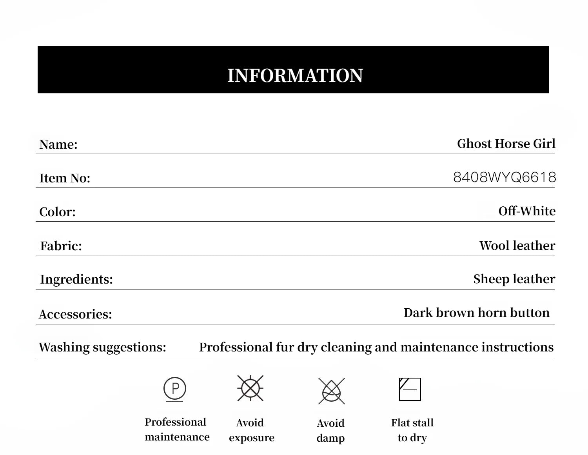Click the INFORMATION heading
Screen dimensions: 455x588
[295, 75]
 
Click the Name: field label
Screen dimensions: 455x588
[58, 144]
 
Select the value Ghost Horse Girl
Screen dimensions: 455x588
[506, 144]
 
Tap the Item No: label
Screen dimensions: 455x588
[65, 178]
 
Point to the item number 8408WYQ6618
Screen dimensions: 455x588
[505, 177]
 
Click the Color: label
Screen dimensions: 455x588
[57, 212]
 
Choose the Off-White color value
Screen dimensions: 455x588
[527, 211]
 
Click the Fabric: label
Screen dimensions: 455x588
[61, 246]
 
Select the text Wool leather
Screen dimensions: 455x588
[517, 246]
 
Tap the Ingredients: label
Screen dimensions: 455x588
[76, 279]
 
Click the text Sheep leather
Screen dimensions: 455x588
[514, 279]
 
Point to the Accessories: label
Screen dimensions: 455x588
[75, 314]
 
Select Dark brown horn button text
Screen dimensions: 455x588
[476, 313]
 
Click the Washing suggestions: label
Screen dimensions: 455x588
[102, 347]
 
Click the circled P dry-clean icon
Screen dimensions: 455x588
[175, 389]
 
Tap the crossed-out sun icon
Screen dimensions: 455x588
[250, 388]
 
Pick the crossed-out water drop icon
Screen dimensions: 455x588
[332, 391]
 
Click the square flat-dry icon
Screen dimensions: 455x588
[410, 389]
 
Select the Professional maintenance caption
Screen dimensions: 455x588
[177, 430]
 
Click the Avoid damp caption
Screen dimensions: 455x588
[330, 431]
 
